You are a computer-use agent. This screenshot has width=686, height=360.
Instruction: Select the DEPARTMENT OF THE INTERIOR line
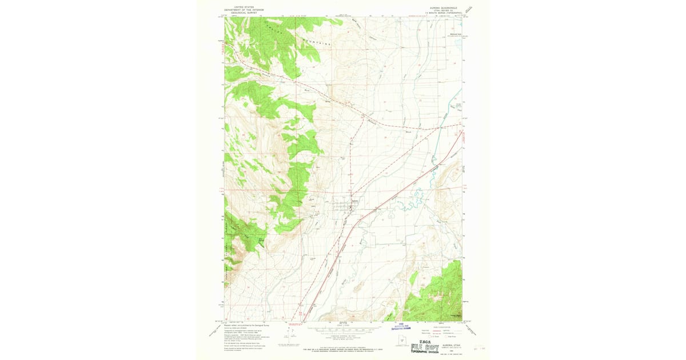[242, 8]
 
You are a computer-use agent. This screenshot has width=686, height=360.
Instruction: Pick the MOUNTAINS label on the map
[321, 43]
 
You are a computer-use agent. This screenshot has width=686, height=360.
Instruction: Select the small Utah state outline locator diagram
[405, 342]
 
